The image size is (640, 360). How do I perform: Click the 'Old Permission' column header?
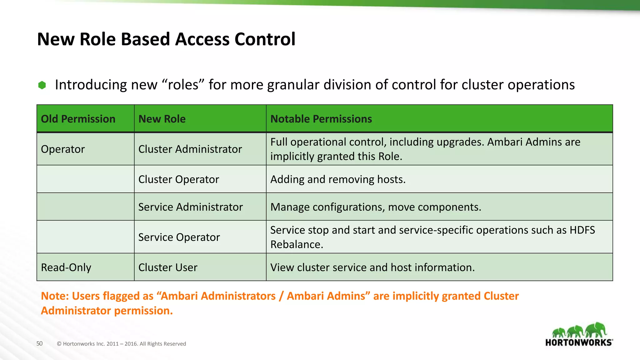[78, 119]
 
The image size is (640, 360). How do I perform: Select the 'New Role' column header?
[162, 119]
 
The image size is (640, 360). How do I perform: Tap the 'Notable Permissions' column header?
[321, 119]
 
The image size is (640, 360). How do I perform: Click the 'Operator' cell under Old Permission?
[63, 149]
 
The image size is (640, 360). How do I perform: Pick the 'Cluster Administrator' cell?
[190, 149]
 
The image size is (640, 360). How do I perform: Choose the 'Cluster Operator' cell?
[178, 179]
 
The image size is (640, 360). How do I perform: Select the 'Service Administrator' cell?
[190, 207]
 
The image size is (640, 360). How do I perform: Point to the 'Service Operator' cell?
[179, 237]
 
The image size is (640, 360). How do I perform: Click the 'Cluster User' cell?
[168, 267]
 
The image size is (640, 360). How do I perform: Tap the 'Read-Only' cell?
[66, 267]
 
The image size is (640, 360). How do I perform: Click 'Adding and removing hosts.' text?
[338, 179]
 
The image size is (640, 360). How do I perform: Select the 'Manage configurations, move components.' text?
[376, 207]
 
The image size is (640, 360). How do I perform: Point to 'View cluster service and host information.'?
[372, 267]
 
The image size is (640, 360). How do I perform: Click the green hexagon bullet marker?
[42, 85]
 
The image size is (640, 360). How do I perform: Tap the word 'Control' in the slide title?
[265, 39]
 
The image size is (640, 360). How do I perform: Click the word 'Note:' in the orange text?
[55, 296]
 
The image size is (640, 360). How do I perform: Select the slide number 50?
[39, 343]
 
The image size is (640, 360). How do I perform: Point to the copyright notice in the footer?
[121, 344]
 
